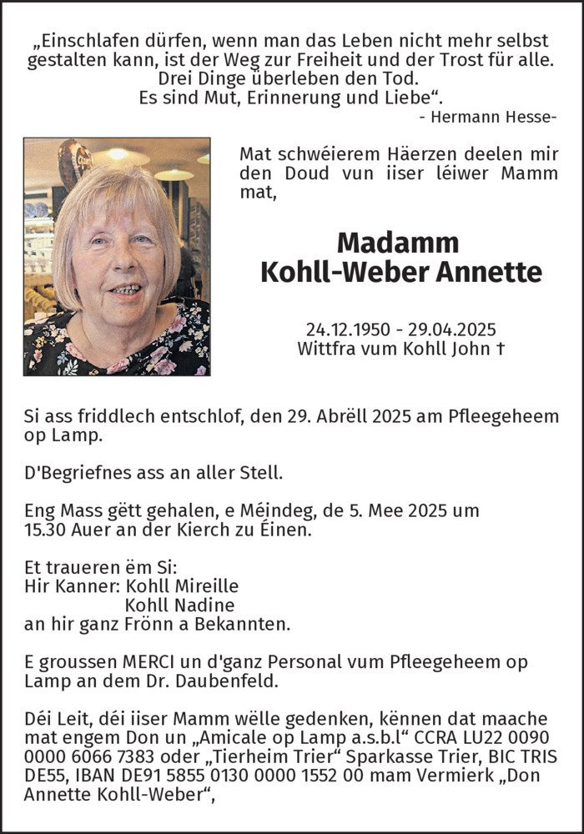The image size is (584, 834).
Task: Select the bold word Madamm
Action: click(x=398, y=243)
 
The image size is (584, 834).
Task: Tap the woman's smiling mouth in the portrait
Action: click(x=124, y=289)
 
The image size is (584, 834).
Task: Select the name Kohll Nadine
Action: click(x=179, y=605)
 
